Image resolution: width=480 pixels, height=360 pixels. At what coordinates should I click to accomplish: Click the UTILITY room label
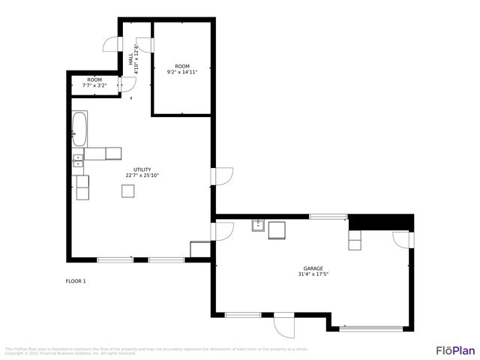[x=142, y=169]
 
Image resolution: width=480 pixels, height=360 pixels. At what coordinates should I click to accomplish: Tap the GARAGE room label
[x=313, y=268]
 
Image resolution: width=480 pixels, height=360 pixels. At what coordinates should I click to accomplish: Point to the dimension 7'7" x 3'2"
[x=94, y=85]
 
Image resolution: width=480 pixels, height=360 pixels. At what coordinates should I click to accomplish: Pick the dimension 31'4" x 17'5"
[x=313, y=274]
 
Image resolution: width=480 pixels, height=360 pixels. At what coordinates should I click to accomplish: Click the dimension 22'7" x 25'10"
[x=142, y=175]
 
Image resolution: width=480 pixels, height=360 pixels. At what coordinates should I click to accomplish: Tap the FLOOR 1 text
[x=76, y=281]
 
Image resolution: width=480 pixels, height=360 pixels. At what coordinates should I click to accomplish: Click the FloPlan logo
[x=455, y=350]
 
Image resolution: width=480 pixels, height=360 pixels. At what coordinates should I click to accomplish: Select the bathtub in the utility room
[x=79, y=129]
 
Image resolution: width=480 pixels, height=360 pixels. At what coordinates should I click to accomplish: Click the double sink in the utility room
[x=77, y=160]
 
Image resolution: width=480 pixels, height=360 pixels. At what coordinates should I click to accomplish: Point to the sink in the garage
[x=258, y=225]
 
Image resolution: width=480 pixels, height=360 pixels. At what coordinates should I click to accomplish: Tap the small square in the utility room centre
[x=128, y=190]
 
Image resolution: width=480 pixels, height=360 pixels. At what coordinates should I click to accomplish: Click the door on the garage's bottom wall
[x=283, y=325]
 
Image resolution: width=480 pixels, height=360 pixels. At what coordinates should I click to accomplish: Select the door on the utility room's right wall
[x=223, y=175]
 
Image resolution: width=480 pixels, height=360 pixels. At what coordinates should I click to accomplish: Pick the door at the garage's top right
[x=401, y=239]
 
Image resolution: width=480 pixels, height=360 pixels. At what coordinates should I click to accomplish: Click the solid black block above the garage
[x=381, y=222]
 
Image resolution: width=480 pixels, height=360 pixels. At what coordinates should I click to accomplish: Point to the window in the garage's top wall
[x=328, y=217]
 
